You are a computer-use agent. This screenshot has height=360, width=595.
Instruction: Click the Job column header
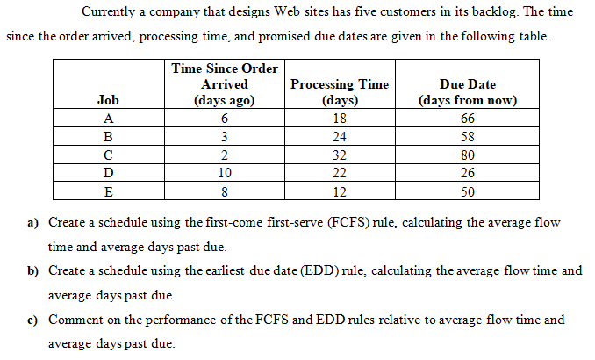[108, 100]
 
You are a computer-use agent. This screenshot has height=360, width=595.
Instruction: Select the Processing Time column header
[339, 92]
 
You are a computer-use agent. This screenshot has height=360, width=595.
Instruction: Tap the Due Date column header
[468, 92]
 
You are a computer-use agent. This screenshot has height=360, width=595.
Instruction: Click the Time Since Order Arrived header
[225, 83]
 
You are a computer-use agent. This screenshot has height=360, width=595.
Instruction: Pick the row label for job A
[108, 119]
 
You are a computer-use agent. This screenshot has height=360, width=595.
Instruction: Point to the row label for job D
[108, 174]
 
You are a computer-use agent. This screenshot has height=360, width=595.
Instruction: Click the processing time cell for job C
[339, 155]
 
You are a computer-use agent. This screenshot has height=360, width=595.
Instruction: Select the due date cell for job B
[468, 137]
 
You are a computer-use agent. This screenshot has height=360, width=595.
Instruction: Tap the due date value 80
[468, 155]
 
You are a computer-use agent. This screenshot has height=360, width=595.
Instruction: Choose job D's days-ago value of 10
[225, 174]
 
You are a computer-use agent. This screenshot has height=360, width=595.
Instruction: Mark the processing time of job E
[339, 192]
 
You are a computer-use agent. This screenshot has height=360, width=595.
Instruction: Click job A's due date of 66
[468, 119]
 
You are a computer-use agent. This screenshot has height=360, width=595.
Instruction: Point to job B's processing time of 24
[339, 137]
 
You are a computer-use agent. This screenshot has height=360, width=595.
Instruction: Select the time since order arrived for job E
[225, 192]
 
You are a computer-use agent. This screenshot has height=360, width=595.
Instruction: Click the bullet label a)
[36, 223]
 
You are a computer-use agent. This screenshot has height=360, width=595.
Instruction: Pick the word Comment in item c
[75, 320]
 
